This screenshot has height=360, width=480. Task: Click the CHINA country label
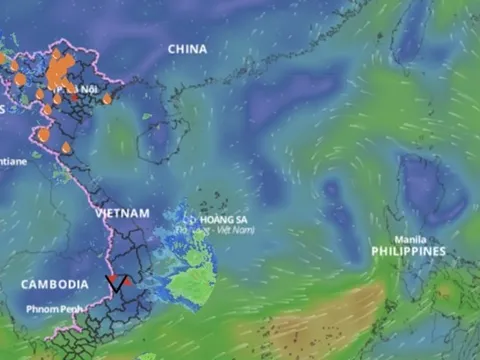coord(187,48)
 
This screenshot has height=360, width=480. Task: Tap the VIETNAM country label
coord(122,213)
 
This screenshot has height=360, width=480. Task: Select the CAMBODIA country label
coord(54,284)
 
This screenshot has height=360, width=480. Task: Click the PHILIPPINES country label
coord(408,251)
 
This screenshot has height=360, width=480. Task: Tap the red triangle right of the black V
coord(128,281)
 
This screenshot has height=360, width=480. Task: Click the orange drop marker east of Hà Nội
coord(107,99)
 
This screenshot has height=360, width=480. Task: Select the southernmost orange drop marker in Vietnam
coord(66,148)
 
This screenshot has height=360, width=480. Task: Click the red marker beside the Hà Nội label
coord(73,98)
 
